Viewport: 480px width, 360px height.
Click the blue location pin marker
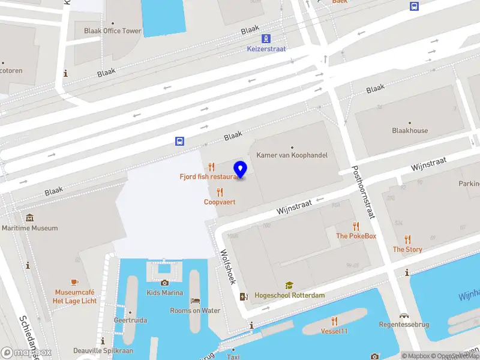pos(241,170)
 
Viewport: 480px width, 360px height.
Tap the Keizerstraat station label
pos(266,49)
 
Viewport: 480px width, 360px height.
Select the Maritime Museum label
pos(30,228)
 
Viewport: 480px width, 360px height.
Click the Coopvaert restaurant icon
pos(220,192)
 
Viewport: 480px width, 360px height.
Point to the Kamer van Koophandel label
pos(292,155)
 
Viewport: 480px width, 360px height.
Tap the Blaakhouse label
pos(410,130)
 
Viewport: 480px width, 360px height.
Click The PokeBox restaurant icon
pos(356,226)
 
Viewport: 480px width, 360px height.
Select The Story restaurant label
pos(407,249)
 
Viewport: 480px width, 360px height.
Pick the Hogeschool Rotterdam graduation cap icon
pos(289,286)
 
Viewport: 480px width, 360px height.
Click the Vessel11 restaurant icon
pos(334,321)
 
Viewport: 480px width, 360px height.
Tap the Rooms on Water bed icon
pos(195,301)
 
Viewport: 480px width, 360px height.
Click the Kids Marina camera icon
pos(164,283)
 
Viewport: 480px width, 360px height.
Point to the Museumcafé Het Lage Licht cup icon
pos(74,281)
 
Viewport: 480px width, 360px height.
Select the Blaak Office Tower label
pos(113,31)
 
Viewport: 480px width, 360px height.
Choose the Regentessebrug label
pos(404,325)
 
